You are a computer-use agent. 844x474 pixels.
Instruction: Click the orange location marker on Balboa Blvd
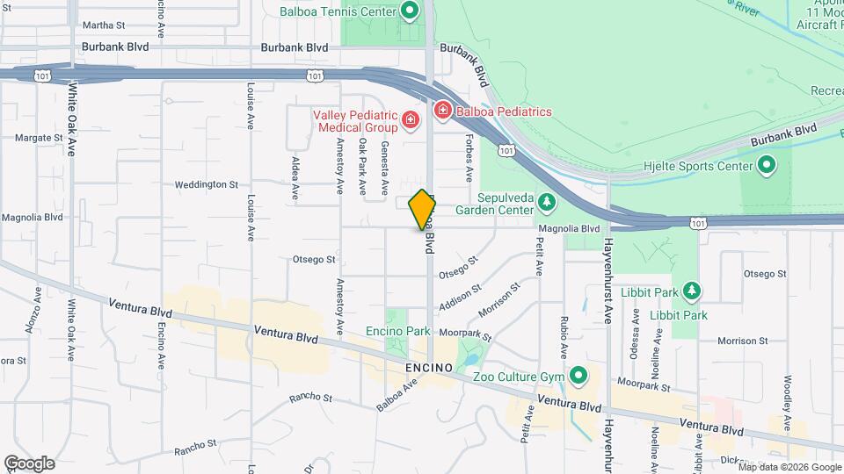(x=422, y=209)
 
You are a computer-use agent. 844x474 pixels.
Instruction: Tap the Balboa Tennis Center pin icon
(x=409, y=11)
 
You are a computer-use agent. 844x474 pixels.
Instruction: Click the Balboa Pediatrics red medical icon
(x=442, y=111)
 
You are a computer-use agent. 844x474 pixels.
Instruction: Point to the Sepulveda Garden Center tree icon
(x=547, y=204)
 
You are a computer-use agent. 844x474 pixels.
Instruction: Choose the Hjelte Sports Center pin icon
(x=766, y=165)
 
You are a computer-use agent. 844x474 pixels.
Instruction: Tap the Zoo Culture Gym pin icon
(x=578, y=376)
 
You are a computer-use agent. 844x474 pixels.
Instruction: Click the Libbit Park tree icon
(x=692, y=291)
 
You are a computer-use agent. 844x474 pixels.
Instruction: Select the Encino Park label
(x=398, y=332)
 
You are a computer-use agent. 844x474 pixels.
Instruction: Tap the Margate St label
(x=39, y=138)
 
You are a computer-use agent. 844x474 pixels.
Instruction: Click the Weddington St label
(x=207, y=184)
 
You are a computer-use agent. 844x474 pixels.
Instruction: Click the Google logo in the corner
(x=29, y=463)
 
